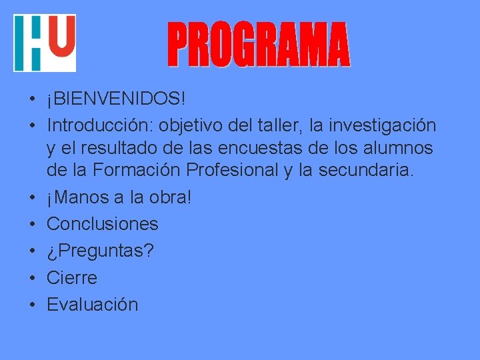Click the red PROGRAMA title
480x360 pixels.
tap(258, 45)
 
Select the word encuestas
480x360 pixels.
tap(267, 148)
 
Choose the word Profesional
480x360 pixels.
tap(233, 171)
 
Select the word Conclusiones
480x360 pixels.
tap(103, 224)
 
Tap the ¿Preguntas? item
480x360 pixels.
tap(101, 251)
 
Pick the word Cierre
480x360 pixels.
tap(72, 278)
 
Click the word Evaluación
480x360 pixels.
tap(93, 305)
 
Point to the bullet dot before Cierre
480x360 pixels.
tap(32, 278)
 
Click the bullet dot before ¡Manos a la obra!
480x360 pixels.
tap(32, 197)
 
